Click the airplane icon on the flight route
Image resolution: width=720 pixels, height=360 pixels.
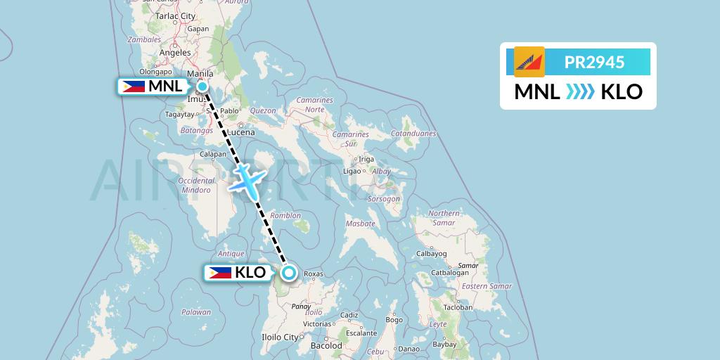click(247, 179)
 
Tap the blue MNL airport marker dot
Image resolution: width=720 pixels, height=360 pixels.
click(202, 86)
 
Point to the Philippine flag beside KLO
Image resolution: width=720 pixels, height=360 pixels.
click(219, 272)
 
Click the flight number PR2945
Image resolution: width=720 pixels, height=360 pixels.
click(594, 62)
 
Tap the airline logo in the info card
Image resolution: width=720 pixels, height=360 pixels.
click(529, 62)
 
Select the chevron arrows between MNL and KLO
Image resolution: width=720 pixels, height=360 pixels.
click(581, 92)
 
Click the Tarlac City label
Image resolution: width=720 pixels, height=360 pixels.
click(175, 15)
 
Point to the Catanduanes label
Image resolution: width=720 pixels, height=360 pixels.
click(414, 133)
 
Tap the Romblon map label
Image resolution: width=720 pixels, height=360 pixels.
click(287, 215)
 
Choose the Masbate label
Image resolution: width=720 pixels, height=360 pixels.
click(360, 224)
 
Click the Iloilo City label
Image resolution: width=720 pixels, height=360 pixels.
click(279, 337)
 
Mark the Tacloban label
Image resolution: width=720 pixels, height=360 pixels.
click(457, 307)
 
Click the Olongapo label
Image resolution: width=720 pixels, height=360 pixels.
click(156, 71)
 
